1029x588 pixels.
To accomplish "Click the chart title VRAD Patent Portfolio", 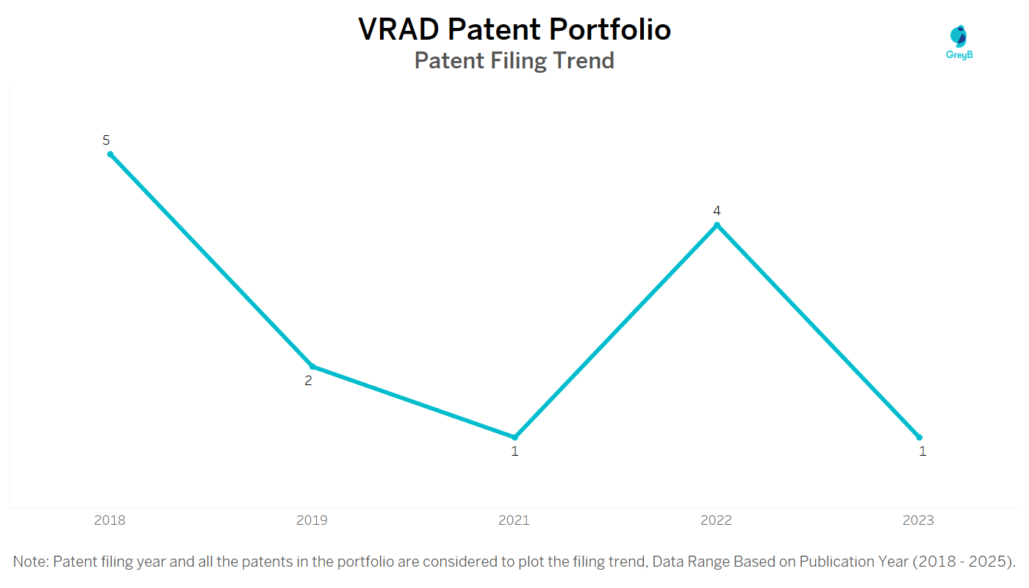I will [x=514, y=29].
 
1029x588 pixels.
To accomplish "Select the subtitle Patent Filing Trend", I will [x=514, y=60].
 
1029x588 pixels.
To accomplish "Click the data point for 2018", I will [x=110, y=154].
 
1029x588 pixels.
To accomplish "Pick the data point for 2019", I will [x=312, y=366].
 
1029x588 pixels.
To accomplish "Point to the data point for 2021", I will [x=514, y=437].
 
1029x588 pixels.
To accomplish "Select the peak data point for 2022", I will [x=717, y=225].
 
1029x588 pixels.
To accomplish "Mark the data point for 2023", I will [x=919, y=437].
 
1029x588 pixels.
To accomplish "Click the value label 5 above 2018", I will [x=106, y=140].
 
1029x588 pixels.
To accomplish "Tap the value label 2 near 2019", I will [x=309, y=381].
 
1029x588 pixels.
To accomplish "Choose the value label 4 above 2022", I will [x=717, y=211].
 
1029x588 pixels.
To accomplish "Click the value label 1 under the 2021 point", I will [x=514, y=451].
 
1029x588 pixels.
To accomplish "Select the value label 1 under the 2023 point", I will [x=922, y=451].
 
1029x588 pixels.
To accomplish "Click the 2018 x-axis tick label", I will [x=110, y=520].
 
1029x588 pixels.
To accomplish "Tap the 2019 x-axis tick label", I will [x=312, y=520].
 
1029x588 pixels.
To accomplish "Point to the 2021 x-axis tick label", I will [x=514, y=520].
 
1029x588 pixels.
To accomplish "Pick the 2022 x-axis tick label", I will [x=717, y=520].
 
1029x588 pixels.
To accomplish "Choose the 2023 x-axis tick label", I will [x=919, y=520].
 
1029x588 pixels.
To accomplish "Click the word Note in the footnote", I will [x=30, y=562].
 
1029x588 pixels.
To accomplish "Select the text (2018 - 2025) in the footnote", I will [x=962, y=562].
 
